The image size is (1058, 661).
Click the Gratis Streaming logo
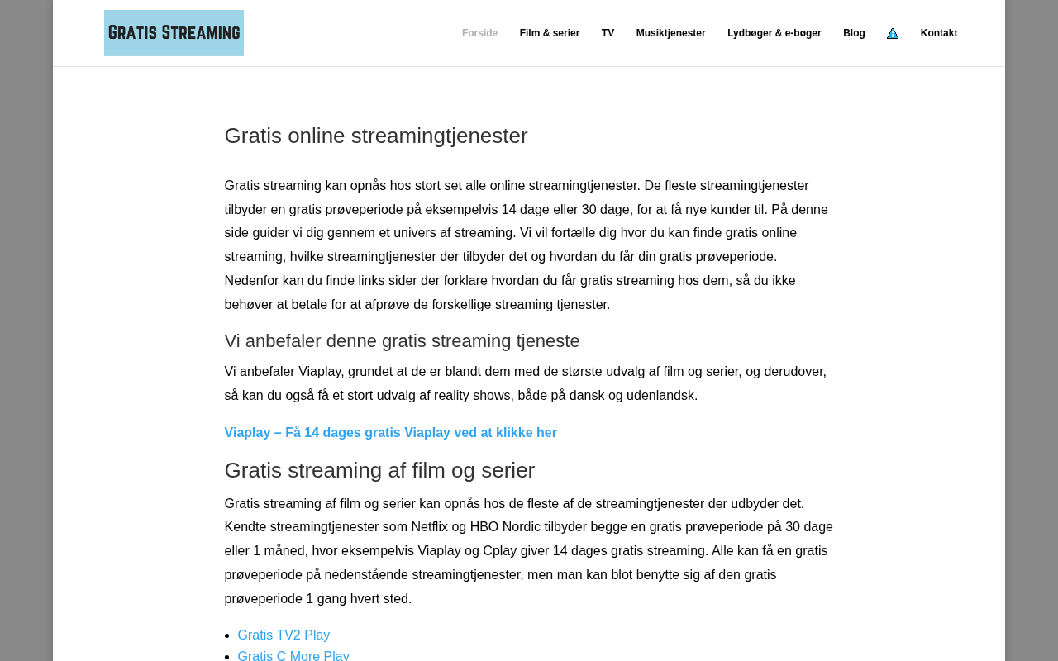click(x=174, y=33)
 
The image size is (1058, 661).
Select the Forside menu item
click(x=479, y=33)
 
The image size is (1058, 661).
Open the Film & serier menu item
click(x=549, y=33)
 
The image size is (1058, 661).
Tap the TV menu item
click(x=608, y=33)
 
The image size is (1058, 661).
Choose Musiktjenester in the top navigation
click(x=670, y=33)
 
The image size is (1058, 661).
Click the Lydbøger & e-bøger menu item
click(x=774, y=33)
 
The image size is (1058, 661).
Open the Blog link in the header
click(x=854, y=33)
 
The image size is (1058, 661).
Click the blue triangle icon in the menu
click(x=893, y=34)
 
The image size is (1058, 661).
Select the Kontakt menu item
click(x=939, y=33)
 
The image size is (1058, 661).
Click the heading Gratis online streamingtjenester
click(x=376, y=136)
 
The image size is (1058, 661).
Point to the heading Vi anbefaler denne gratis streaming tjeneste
click(x=402, y=341)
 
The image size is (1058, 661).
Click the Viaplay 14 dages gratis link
click(x=390, y=433)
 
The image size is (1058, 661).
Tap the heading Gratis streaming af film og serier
click(x=379, y=470)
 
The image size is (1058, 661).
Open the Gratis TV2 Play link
click(x=284, y=635)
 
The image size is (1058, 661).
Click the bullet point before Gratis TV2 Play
click(x=228, y=636)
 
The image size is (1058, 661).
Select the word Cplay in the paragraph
click(x=500, y=551)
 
